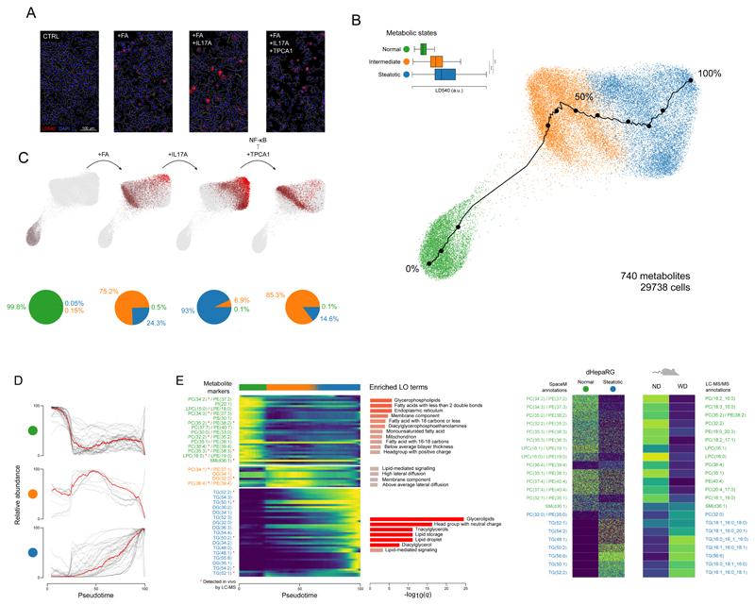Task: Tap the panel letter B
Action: (x=355, y=19)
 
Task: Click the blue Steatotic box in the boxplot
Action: (x=445, y=76)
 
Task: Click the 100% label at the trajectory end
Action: (x=714, y=73)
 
